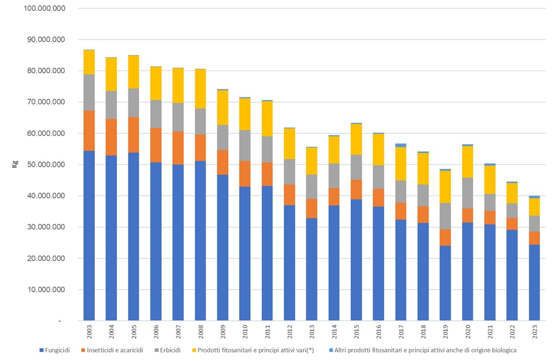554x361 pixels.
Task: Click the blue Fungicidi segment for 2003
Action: point(89,235)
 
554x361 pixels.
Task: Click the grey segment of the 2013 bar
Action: point(312,186)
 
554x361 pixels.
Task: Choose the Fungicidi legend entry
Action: point(55,350)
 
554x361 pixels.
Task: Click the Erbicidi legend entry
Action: point(183,350)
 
